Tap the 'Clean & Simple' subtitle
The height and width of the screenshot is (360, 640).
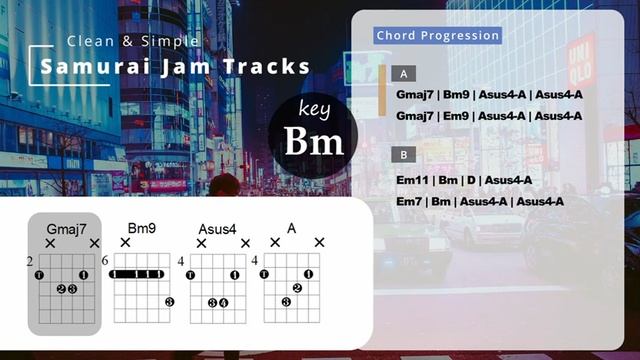click(133, 41)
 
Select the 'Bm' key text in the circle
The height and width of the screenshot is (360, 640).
click(313, 141)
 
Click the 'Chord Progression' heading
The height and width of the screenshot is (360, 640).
click(438, 36)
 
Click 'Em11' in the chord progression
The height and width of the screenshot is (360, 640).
click(413, 180)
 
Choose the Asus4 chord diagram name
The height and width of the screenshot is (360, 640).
click(217, 229)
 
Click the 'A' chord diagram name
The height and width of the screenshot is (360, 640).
click(292, 229)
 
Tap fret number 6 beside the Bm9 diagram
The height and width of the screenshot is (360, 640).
click(105, 262)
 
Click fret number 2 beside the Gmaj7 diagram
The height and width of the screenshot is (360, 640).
click(30, 262)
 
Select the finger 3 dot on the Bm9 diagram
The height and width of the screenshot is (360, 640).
click(169, 302)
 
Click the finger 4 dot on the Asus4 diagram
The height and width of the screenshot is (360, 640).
click(224, 302)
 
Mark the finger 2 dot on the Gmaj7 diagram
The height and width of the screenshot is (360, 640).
click(61, 289)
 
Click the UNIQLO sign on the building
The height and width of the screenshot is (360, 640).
click(581, 62)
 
